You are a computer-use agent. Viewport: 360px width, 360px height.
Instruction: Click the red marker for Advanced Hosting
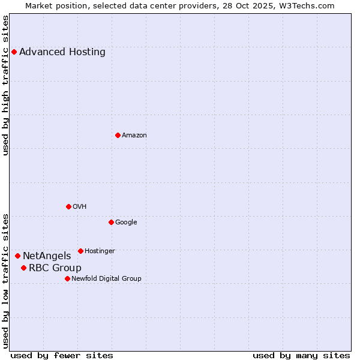tap(14, 52)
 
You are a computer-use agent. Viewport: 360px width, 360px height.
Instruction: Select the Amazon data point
tap(118, 135)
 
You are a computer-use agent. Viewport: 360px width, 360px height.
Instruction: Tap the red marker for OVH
tap(68, 206)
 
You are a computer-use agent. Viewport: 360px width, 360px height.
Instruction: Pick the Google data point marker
tap(111, 222)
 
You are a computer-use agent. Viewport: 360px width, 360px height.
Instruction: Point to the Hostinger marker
tap(80, 251)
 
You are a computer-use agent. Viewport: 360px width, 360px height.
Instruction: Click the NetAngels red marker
tap(17, 256)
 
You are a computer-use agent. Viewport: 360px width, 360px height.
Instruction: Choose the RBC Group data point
tap(23, 268)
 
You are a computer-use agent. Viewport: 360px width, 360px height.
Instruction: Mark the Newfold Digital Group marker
tap(67, 278)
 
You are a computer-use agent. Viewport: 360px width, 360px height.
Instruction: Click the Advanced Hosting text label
tap(62, 52)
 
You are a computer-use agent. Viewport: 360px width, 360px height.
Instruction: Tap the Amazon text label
tap(134, 136)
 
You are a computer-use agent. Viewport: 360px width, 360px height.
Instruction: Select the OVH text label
tap(80, 207)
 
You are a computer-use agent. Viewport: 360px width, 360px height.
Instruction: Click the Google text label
tap(126, 223)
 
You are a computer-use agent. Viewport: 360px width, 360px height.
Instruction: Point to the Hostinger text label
tap(100, 251)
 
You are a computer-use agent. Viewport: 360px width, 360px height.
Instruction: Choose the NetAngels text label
tap(47, 256)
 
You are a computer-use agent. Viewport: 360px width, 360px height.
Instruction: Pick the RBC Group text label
tap(55, 268)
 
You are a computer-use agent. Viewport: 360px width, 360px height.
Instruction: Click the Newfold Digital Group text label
tap(106, 279)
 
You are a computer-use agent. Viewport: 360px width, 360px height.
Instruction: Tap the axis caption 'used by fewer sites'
tap(62, 355)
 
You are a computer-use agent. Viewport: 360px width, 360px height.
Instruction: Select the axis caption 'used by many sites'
tap(301, 355)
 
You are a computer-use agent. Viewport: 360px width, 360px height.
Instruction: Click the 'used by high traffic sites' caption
tap(5, 85)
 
